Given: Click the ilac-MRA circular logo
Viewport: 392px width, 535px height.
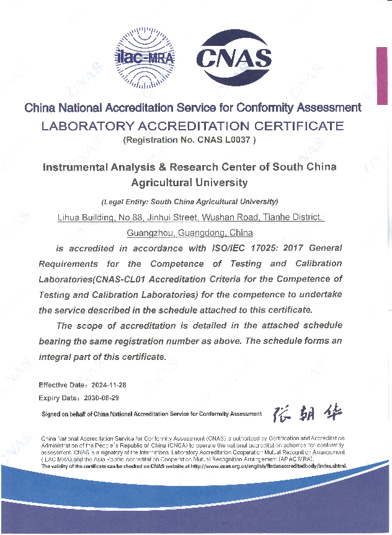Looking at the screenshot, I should [146, 58].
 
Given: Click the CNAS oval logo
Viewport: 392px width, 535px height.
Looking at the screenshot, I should [234, 59].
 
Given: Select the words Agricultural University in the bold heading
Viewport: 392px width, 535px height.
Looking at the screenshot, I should [189, 182].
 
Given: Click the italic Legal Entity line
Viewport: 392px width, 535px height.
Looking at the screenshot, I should [189, 202].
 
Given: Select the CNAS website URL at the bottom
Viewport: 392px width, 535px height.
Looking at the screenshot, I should [267, 466].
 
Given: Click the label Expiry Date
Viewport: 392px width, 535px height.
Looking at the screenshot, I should [58, 397].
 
